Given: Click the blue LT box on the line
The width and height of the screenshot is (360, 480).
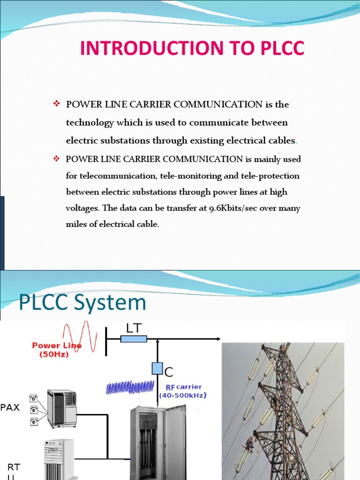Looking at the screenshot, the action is coord(134,338).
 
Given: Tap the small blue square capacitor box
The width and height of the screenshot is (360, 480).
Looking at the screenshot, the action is coord(157,368).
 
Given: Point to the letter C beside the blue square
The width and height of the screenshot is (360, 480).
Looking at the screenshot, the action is coord(169,372).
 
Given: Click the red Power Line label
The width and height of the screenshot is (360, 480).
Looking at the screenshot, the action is coord(57,345).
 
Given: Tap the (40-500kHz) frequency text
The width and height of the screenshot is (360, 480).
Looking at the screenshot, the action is coord(183,395).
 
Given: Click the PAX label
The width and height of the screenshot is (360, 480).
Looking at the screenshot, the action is coord(10,407).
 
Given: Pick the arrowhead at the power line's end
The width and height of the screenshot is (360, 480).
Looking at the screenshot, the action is coord(217,338).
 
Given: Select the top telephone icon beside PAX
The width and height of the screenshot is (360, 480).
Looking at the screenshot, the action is coord(34,398).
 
